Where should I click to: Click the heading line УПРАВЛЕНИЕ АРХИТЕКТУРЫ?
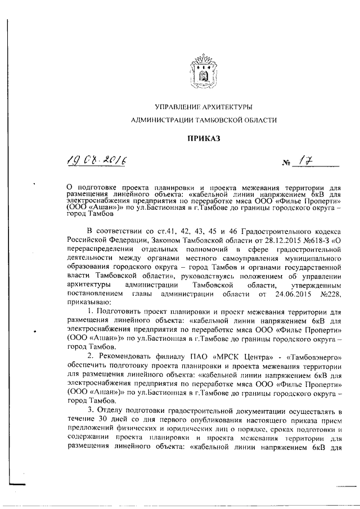point(203,106)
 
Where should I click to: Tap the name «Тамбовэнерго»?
point(313,357)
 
